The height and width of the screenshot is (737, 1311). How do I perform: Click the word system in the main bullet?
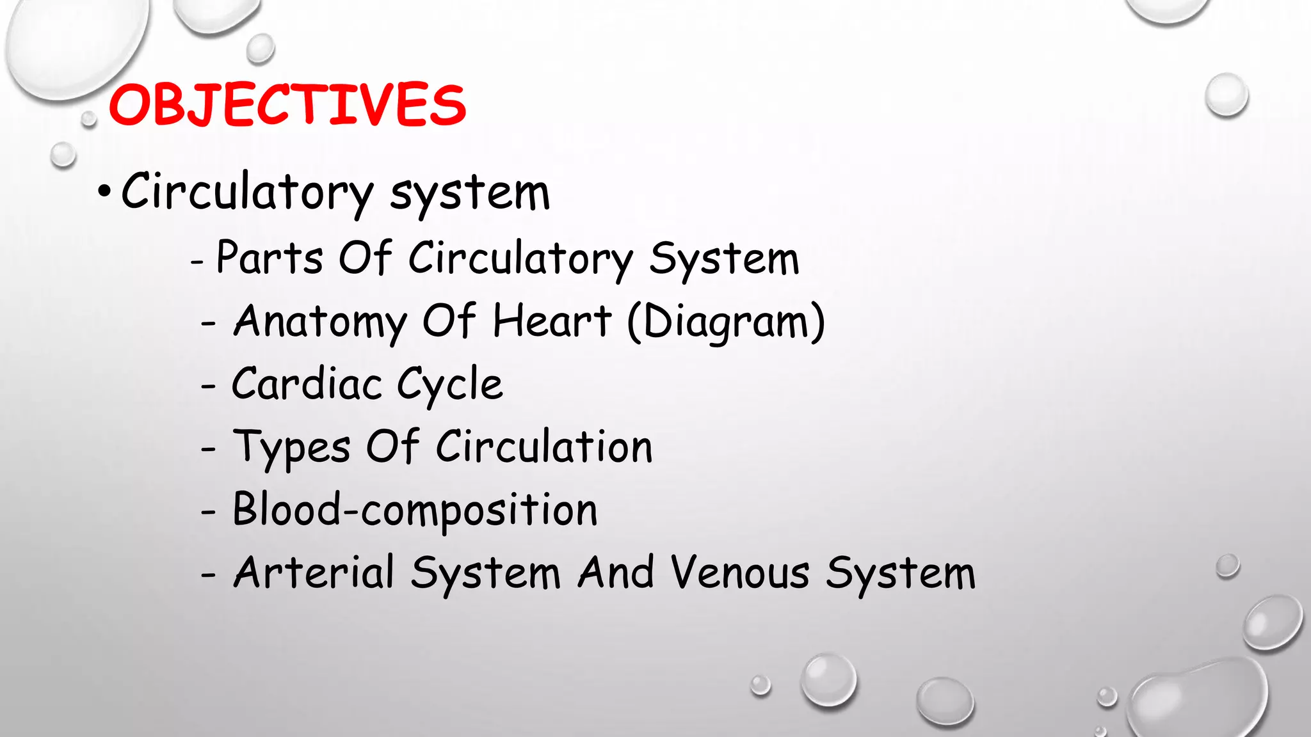[x=470, y=193]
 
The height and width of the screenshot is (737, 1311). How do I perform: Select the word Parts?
[x=269, y=258]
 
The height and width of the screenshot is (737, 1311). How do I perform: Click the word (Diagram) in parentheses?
[x=726, y=322]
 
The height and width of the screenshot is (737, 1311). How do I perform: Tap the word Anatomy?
[x=320, y=322]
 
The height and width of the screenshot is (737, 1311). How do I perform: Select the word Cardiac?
[x=306, y=384]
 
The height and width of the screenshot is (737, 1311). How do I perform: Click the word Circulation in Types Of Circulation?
[x=544, y=447]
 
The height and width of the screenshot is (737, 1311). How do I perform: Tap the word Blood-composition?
[x=415, y=511]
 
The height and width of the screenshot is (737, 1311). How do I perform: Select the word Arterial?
[x=314, y=572]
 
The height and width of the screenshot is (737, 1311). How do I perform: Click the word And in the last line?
[x=616, y=572]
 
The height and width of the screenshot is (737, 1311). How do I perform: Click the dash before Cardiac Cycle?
[x=208, y=386]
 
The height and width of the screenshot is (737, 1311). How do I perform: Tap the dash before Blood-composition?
[x=208, y=512]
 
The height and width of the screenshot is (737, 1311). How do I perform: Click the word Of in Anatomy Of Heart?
[x=449, y=321]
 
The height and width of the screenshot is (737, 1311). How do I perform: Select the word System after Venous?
[x=900, y=573]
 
